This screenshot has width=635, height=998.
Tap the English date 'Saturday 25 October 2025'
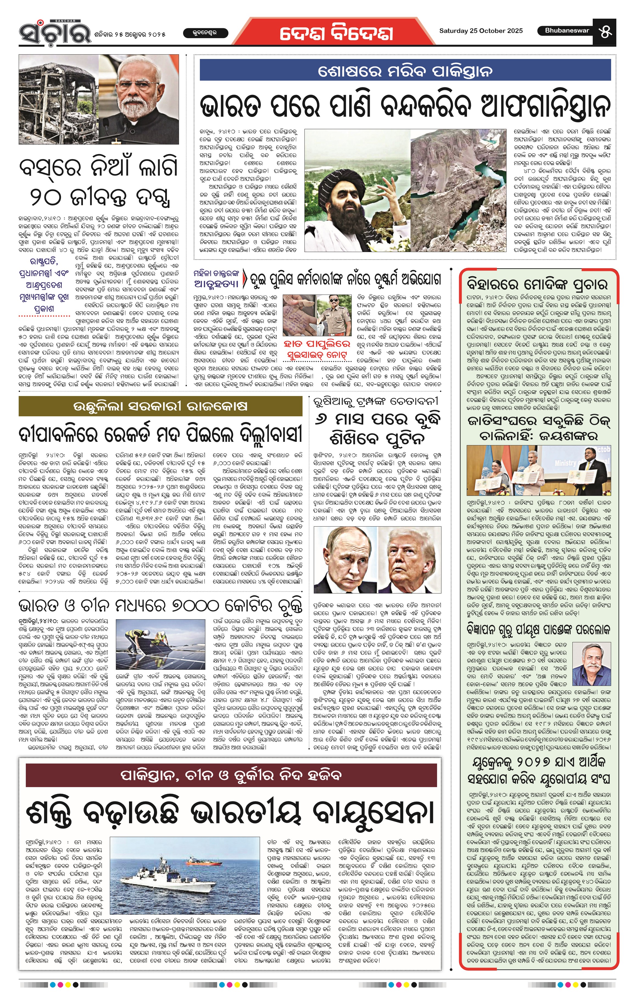[481, 31]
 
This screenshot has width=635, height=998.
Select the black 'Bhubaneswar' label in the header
[567, 31]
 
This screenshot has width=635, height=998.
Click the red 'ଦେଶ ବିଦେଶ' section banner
[336, 33]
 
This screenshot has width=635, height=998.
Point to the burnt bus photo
[59, 100]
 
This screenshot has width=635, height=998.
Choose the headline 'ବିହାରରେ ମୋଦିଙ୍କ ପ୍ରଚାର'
[537, 285]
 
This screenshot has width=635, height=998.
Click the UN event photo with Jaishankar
[538, 470]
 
